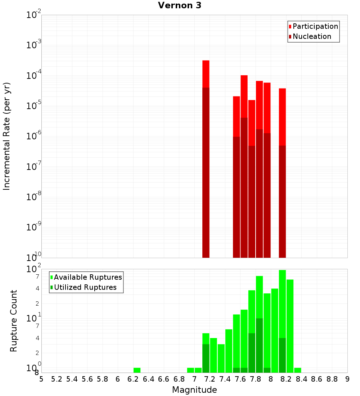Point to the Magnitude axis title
point(194,390)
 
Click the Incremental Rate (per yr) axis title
point(7,136)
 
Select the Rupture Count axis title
point(14,321)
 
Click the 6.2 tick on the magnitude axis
point(133,379)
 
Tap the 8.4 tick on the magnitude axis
point(301,379)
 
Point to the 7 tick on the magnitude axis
point(194,379)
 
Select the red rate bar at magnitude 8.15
point(282,173)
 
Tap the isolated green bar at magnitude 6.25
point(137,370)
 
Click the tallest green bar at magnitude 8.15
point(282,320)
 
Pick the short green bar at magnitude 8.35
point(298,370)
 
